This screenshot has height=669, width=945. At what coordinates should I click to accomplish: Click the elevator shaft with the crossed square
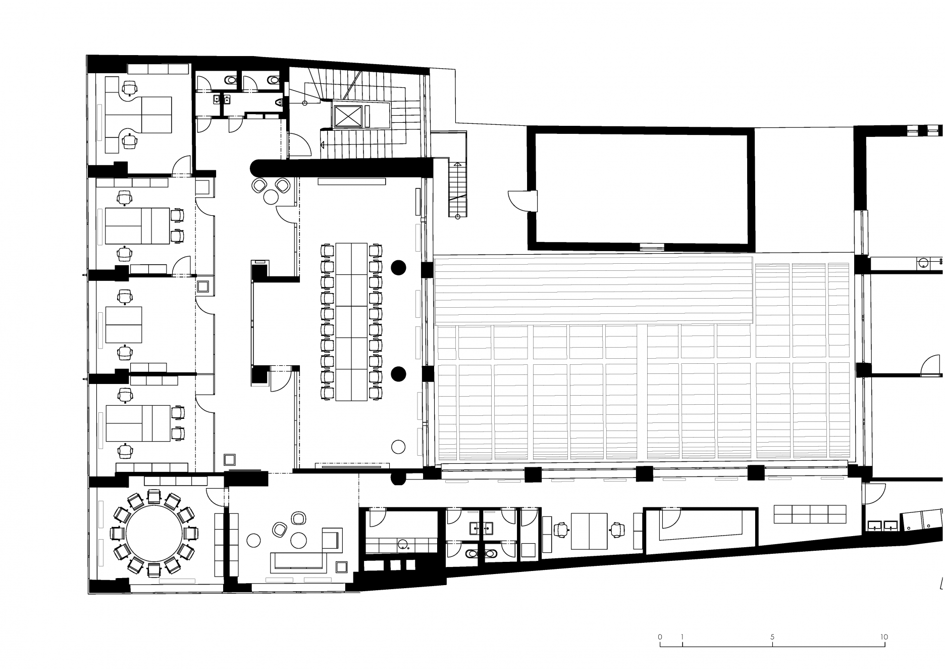[350, 116]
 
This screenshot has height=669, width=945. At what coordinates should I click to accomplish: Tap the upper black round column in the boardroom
[399, 267]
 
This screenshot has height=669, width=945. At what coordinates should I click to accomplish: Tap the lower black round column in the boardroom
[399, 374]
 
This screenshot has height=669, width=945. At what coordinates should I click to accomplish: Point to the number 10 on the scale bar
[883, 637]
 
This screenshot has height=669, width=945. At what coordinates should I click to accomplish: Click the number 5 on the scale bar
[772, 637]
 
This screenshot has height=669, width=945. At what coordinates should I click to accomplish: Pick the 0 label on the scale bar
[660, 637]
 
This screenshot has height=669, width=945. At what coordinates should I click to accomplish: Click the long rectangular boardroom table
[351, 321]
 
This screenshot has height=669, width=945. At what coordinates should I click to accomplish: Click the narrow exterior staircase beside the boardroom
[457, 189]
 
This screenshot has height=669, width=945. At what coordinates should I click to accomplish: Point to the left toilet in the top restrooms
[231, 79]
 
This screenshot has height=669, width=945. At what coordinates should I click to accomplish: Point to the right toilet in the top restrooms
[273, 79]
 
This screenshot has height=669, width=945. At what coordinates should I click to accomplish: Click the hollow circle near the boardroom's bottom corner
[398, 446]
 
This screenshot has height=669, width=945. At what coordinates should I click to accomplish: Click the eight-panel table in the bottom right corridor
[810, 514]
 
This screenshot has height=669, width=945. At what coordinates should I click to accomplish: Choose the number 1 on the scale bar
[682, 637]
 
